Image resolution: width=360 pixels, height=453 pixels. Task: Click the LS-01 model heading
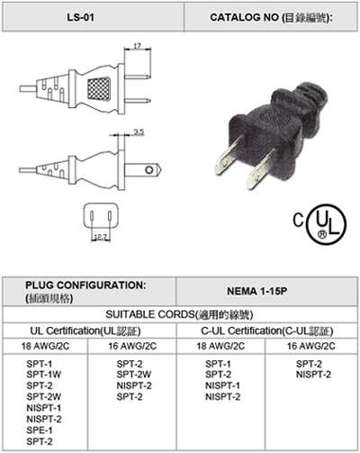[x=80, y=17]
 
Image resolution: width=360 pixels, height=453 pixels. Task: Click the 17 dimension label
[x=137, y=46]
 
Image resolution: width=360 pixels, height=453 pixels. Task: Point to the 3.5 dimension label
[x=139, y=131]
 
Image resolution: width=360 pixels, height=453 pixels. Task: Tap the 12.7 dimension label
[x=100, y=237]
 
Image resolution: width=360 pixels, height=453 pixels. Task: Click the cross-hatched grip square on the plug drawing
[x=99, y=88]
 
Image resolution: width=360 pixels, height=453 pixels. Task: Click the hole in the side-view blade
[x=149, y=170]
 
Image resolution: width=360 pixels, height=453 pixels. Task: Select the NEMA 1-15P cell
[x=256, y=291]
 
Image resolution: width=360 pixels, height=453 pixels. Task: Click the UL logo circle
[x=327, y=224]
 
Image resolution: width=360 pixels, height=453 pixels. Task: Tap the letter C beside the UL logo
[x=298, y=220]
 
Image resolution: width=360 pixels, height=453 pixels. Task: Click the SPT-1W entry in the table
[x=44, y=375]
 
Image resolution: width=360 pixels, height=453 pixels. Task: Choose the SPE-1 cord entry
[x=40, y=430]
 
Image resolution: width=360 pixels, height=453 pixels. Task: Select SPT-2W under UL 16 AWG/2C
[x=134, y=375]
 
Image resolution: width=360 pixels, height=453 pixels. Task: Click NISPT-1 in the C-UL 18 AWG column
[x=222, y=385]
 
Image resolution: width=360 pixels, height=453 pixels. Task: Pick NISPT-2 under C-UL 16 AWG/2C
[x=313, y=375]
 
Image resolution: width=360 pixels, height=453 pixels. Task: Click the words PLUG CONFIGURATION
[x=85, y=285]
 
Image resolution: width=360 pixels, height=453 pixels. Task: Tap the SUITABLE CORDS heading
[x=179, y=314]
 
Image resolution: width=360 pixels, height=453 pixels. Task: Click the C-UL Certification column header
[x=267, y=331]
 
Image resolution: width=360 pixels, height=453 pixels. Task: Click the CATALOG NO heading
[x=271, y=18]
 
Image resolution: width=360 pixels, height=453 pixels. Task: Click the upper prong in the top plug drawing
[x=138, y=77]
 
